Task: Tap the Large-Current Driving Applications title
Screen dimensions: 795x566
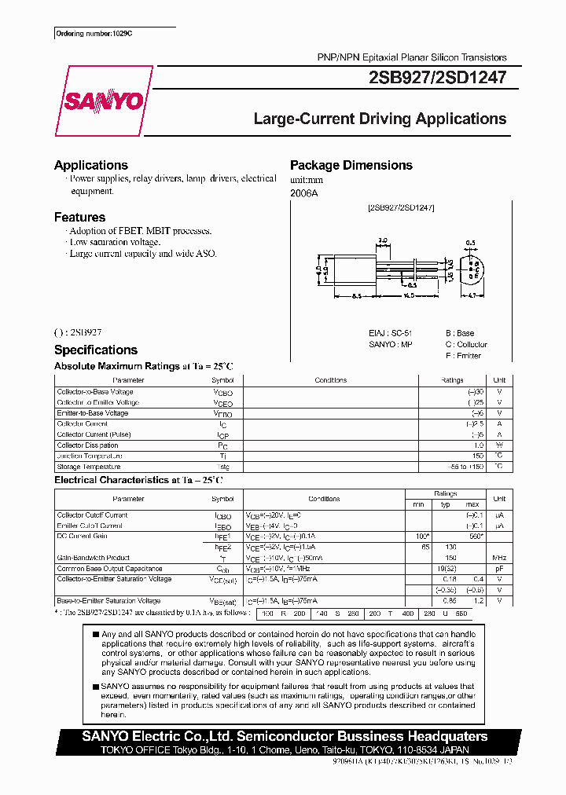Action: pos(380,119)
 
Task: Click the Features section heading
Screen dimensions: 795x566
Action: pos(79,217)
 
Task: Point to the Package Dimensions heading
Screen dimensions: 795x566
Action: pos(351,165)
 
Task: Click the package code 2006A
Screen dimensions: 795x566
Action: pos(304,192)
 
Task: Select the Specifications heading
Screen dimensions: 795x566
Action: pos(96,350)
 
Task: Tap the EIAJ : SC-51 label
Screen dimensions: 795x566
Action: pos(391,333)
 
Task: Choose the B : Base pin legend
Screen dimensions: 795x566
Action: pos(460,333)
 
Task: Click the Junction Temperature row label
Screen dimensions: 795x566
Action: pos(90,456)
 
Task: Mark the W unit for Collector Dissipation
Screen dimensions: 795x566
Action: pos(499,445)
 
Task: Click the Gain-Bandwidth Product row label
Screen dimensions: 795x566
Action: pos(94,558)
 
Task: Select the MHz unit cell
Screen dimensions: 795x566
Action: pos(499,558)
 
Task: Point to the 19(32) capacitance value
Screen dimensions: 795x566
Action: pos(446,568)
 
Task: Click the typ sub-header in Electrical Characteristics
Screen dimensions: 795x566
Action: pos(446,504)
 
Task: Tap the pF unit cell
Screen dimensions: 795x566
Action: pos(499,568)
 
